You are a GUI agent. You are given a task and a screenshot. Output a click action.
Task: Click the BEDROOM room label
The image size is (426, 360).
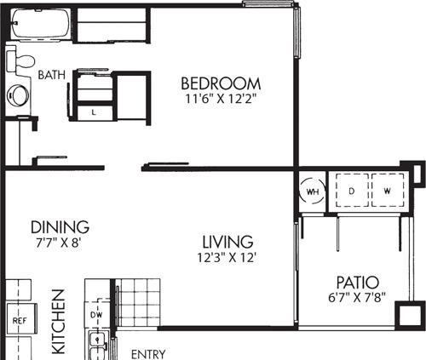(x=220, y=83)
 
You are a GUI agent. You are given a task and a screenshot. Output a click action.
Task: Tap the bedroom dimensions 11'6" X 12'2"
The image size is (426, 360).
(x=220, y=100)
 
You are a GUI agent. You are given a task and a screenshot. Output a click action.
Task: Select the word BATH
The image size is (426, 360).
(x=52, y=76)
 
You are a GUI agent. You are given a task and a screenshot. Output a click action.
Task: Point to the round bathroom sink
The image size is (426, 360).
(x=17, y=94)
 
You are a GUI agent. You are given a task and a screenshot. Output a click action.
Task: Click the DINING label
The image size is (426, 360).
(x=60, y=227)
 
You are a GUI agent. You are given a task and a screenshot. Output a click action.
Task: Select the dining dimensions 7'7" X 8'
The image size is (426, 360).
(x=60, y=243)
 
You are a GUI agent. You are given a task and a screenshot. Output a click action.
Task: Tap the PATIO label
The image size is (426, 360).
(x=357, y=282)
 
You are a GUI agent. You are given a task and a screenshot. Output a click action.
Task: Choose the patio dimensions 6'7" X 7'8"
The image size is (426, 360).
(x=357, y=298)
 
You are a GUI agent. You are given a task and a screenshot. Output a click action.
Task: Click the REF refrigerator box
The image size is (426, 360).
(x=19, y=321)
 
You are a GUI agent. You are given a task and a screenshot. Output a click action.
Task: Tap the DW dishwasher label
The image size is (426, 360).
(x=95, y=315)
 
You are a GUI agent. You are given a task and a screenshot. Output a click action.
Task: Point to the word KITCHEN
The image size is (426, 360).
(x=59, y=322)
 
